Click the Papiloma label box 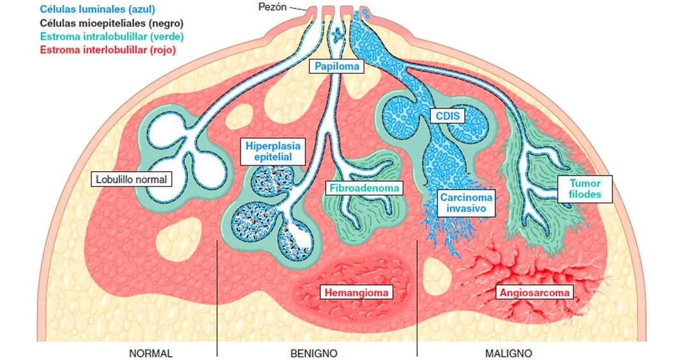336,66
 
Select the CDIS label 447,116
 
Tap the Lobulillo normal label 131,179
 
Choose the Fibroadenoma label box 365,188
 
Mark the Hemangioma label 357,293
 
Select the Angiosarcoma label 534,293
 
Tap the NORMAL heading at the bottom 151,353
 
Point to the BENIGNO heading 314,353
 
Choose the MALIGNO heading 508,353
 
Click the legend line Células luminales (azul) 97,10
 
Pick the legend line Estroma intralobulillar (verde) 111,36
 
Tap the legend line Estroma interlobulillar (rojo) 108,49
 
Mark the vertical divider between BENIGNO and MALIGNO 417,300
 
